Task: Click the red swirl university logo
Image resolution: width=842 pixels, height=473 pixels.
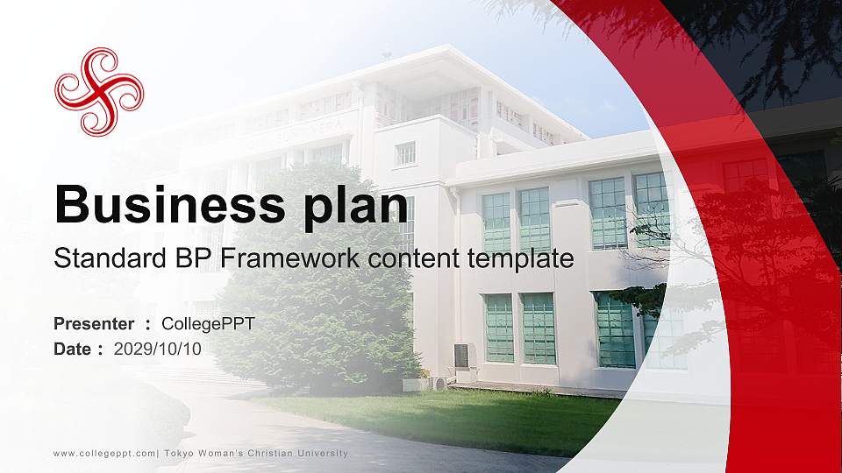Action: pos(99,92)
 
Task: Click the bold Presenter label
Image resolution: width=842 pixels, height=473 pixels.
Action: pos(94,324)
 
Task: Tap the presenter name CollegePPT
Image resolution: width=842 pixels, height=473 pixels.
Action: pos(208,324)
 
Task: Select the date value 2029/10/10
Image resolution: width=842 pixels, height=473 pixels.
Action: pos(158,349)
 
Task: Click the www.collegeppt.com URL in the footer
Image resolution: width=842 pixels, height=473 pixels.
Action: pos(104,453)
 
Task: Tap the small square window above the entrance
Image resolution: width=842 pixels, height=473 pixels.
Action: pos(404,153)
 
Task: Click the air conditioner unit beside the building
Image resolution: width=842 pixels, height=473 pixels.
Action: pos(439,383)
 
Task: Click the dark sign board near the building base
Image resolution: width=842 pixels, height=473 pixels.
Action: pos(460,356)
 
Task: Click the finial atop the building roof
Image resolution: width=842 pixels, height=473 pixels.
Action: pos(387,54)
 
